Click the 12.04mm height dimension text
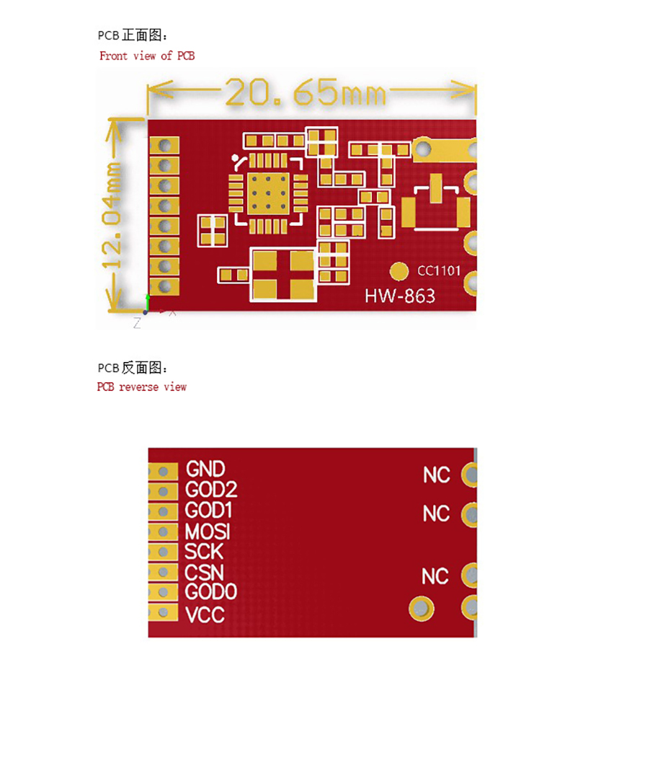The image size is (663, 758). (112, 216)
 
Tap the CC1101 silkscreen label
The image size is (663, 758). (439, 270)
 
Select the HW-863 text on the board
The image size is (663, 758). (400, 296)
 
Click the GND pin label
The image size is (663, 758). (205, 469)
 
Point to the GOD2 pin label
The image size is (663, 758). (211, 490)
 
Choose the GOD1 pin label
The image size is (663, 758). (208, 511)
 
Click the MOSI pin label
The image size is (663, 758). (207, 532)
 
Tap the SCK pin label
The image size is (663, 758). (204, 552)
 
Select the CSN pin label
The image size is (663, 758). (204, 573)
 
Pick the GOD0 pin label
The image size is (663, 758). (210, 592)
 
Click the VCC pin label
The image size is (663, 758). (205, 615)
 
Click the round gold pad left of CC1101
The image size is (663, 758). (399, 272)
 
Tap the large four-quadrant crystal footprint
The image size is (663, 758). (283, 275)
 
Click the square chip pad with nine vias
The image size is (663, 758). (268, 193)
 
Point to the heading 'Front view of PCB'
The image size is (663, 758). (147, 56)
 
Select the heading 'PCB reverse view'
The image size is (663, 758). (141, 387)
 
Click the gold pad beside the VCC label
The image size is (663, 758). (163, 612)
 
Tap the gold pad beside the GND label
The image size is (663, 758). (163, 472)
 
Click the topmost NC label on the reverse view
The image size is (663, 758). (437, 475)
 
